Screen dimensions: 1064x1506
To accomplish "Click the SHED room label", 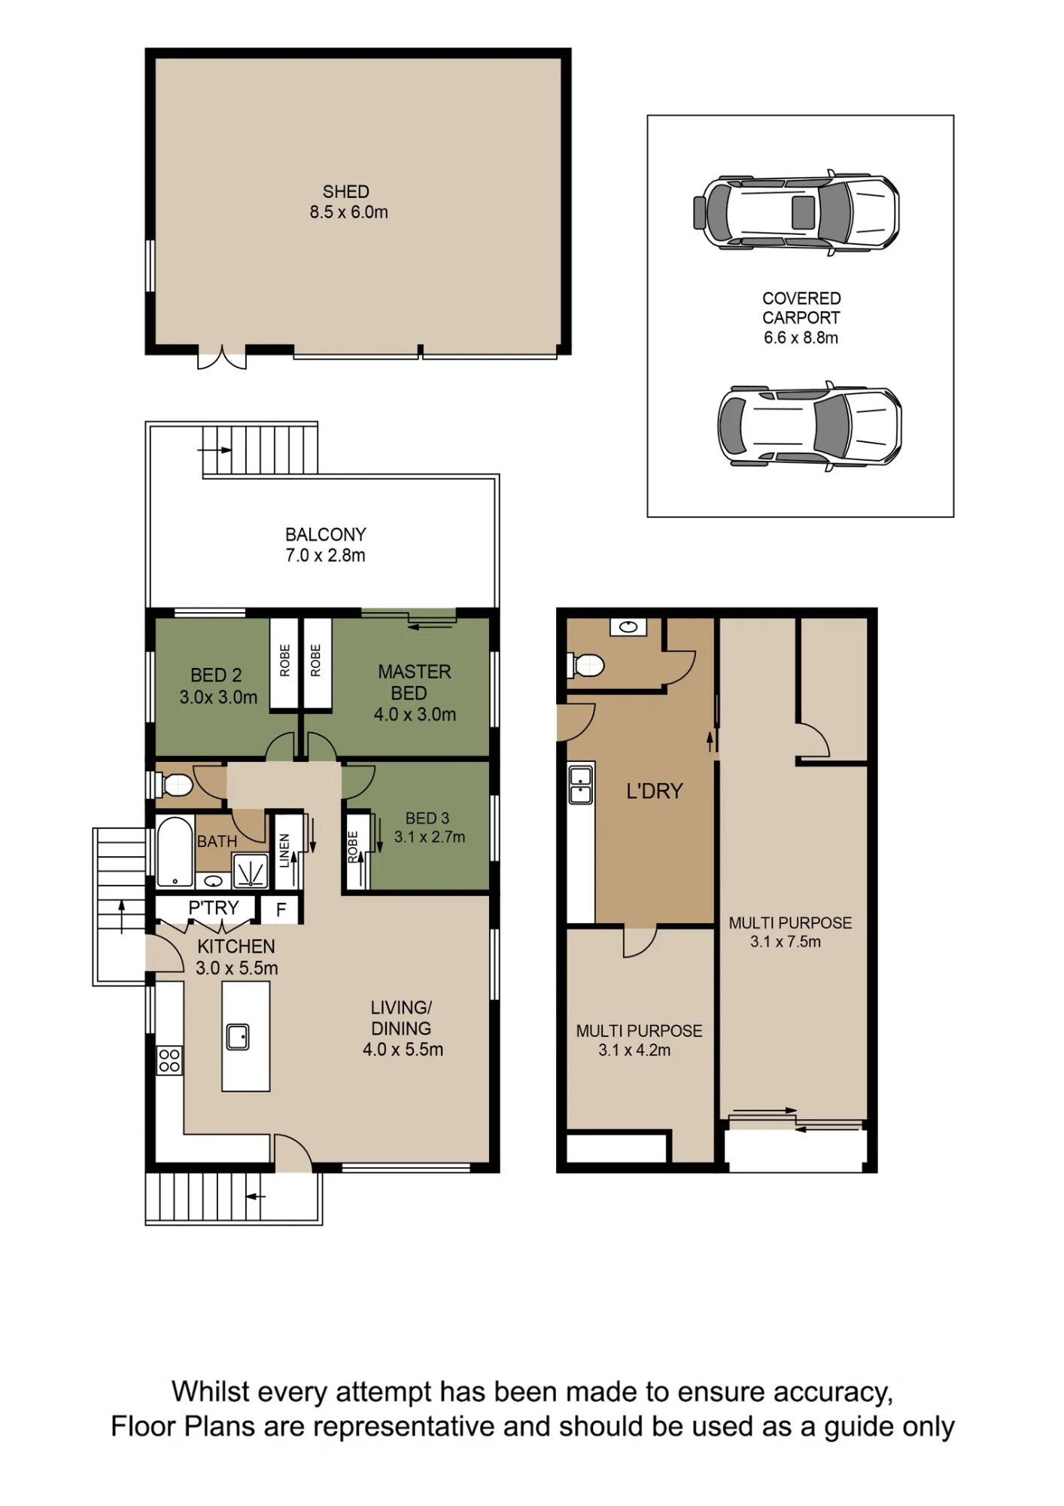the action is coord(346,192).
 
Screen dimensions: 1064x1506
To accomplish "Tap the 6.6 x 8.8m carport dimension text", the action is coord(801,338).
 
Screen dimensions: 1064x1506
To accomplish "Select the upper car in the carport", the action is coord(796,213).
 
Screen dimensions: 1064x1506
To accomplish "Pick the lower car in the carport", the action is coord(809,426).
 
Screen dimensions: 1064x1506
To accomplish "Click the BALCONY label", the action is coord(326,535).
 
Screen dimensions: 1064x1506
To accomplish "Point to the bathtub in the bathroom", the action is coord(175,852).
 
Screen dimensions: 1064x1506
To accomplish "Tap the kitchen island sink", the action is coord(238,1037).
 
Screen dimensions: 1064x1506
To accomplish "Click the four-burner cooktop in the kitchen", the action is coord(169,1060).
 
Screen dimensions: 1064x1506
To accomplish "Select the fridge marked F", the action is coord(281,910).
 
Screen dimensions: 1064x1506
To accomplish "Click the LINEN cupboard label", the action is coord(284,851).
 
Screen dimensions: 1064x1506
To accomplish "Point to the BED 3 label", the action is coord(427,819).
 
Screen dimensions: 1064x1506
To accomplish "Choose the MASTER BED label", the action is coord(414,682).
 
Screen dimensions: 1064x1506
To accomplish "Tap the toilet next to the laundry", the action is coord(585,666).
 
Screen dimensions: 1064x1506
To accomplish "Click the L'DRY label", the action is coord(655,791).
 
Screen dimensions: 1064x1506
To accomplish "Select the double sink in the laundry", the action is coord(581,785).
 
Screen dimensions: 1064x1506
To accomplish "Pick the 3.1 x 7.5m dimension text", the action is coord(786,942).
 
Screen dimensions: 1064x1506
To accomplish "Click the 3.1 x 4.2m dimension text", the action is coord(634,1050).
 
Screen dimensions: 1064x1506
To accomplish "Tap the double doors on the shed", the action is coord(222,357).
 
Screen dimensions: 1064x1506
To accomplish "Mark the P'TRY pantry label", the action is coord(214,908).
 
